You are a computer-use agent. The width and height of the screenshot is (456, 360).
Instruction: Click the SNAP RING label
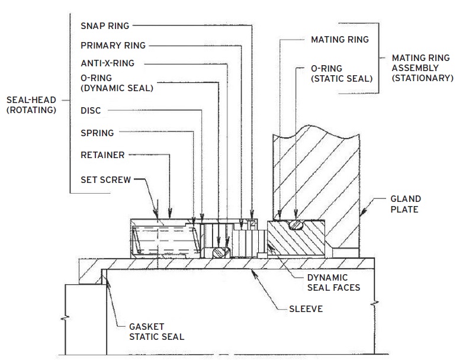105,26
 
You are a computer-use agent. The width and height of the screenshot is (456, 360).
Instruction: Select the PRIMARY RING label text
113,46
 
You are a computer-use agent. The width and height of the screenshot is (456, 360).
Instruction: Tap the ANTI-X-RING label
108,63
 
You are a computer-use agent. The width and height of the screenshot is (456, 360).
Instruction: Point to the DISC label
91,111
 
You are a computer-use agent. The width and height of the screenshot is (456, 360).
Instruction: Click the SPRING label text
97,133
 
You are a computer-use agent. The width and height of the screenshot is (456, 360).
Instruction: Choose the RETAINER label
102,155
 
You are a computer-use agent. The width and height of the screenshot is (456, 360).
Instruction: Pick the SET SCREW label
106,180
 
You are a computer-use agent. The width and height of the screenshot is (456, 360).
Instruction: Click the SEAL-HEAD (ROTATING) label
31,105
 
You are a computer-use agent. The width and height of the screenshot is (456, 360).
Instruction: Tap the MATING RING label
340,40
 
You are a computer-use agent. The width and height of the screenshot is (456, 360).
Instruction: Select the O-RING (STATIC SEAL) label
342,73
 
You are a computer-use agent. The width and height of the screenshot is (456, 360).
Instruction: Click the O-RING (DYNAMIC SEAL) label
117,83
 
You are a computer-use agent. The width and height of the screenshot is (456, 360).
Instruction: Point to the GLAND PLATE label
406,204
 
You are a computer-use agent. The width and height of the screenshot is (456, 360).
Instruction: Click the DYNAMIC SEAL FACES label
334,282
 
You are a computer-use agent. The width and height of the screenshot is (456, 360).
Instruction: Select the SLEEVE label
306,309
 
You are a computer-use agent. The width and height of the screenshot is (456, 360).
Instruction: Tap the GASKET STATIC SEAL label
157,332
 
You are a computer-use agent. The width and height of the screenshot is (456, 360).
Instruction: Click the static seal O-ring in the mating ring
296,225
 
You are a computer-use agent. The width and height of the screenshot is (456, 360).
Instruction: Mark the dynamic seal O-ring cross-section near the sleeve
221,252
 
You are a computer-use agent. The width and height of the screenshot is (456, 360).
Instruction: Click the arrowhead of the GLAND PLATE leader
362,212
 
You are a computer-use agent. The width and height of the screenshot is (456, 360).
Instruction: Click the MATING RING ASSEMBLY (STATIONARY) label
423,68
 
